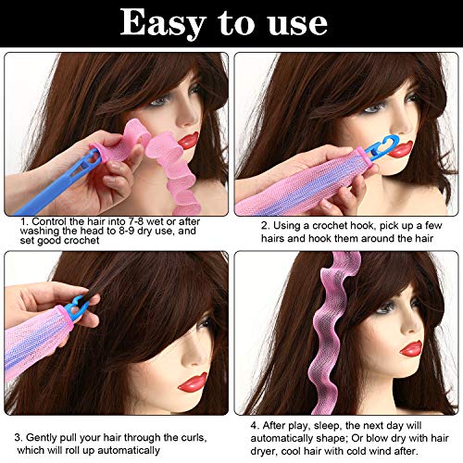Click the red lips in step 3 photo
(193, 381)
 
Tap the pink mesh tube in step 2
(306, 190)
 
